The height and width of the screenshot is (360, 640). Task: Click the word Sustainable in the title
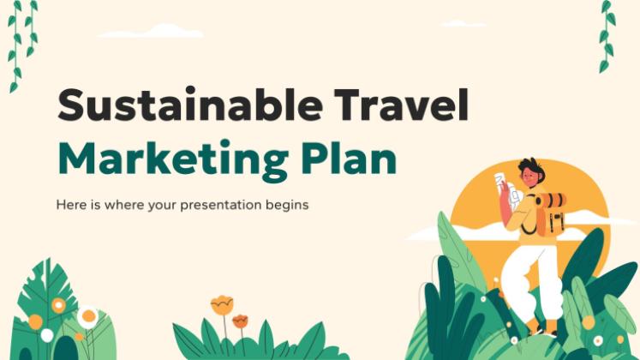coord(190,104)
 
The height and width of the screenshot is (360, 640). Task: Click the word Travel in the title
coord(402,104)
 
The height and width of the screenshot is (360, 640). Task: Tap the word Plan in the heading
coord(349,157)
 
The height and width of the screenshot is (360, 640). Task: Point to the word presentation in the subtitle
coord(220,205)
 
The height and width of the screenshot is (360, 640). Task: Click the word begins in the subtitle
coord(287,206)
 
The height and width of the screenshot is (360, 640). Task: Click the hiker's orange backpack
coord(550,215)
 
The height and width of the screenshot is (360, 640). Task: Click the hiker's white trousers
coord(529,281)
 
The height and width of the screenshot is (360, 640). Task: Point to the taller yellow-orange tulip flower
coord(222,305)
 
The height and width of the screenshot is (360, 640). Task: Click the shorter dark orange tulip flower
coord(240,321)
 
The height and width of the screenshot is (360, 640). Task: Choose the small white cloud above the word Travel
coord(464,23)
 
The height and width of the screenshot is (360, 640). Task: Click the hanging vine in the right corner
coord(607,36)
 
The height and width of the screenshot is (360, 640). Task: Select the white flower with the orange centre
coord(88,316)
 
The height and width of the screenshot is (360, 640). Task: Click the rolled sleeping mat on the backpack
coord(551,200)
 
